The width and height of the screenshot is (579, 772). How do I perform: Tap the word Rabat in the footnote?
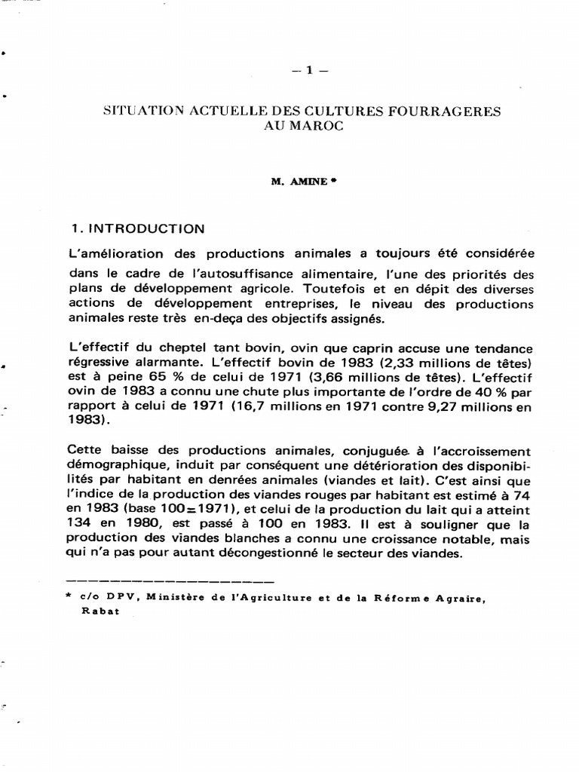pos(96,612)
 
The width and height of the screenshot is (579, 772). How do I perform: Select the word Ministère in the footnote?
pos(176,598)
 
